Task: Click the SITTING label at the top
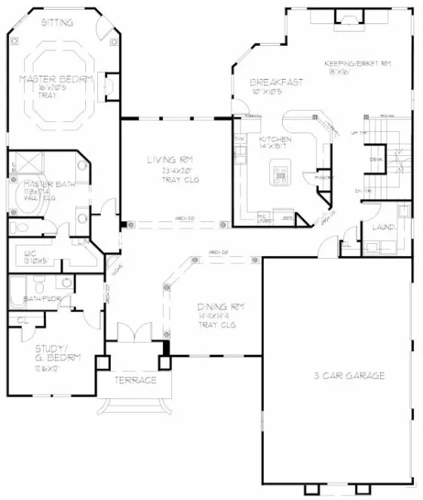point(57,23)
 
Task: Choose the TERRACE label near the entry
point(136,380)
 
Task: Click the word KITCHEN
point(271,140)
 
